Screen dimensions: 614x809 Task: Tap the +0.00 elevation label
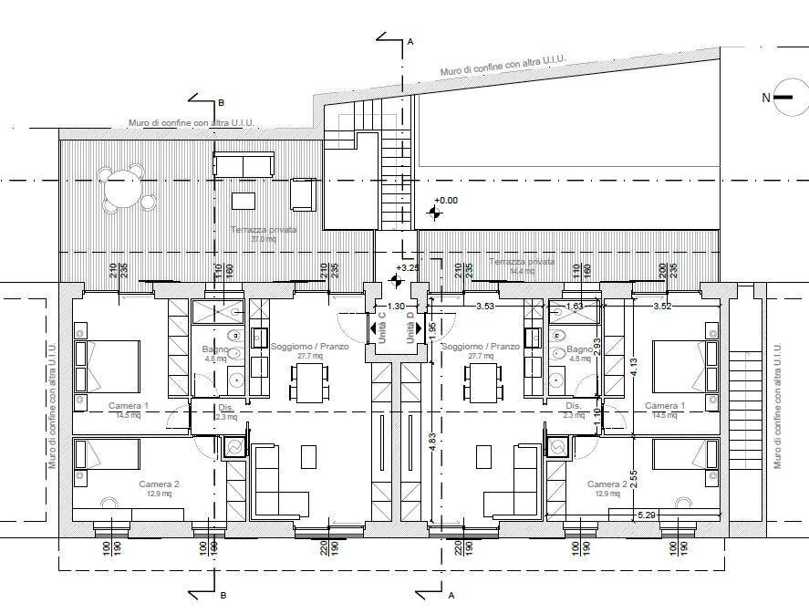click(x=447, y=200)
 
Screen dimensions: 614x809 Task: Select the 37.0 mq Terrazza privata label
click(x=264, y=234)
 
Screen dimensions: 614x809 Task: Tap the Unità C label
click(x=382, y=328)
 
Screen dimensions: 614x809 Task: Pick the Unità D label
click(x=411, y=328)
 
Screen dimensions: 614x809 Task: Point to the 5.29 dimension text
click(x=648, y=515)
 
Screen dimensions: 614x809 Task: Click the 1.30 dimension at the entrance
click(x=396, y=307)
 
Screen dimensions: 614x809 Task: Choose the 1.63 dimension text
click(x=575, y=307)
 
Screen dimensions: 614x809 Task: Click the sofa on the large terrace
click(x=244, y=164)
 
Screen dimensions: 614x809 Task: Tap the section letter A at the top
click(x=410, y=41)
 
